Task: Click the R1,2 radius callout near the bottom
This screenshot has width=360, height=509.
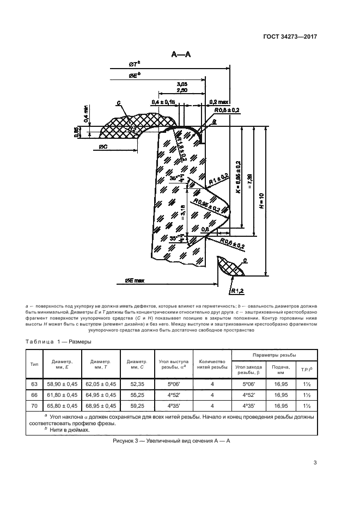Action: (236, 290)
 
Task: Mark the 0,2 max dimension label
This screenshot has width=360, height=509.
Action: (220, 101)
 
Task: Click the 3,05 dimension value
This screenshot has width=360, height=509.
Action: (182, 84)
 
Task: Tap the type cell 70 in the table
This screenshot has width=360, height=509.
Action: (35, 406)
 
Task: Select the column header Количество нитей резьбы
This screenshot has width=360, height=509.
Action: (213, 364)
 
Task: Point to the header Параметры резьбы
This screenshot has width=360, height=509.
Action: (274, 354)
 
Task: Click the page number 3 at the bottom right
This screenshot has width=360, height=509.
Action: (315, 463)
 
